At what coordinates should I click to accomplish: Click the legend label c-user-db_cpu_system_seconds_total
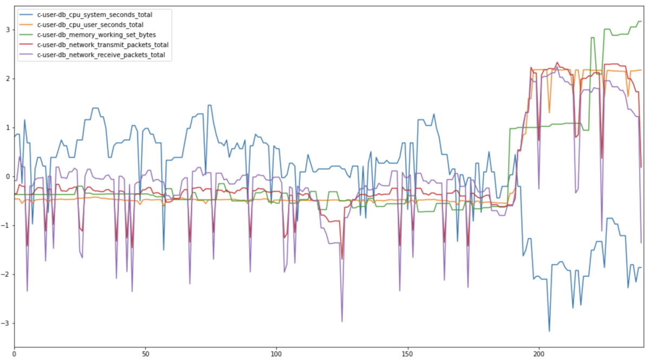95,15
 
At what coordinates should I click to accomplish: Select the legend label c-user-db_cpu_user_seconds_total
90,25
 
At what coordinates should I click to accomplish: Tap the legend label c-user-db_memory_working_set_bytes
96,35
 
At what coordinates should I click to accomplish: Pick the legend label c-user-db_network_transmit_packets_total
103,45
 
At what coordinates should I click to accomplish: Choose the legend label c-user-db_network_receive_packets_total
101,55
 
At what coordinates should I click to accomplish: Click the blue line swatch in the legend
26,15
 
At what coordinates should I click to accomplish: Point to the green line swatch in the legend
26,35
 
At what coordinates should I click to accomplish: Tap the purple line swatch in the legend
26,55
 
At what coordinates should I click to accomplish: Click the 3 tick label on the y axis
8,30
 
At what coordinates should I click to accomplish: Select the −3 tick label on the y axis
5,323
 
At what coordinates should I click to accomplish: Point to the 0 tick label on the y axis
8,176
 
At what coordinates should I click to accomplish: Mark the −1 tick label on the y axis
5,226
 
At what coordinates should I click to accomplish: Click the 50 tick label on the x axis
146,354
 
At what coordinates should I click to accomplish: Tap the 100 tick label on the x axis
276,354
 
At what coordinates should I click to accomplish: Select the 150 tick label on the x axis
408,354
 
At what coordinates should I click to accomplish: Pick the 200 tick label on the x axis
539,354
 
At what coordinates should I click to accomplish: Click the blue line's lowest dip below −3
549,331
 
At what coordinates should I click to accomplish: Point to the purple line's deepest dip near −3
342,322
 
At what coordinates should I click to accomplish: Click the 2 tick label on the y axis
8,79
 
